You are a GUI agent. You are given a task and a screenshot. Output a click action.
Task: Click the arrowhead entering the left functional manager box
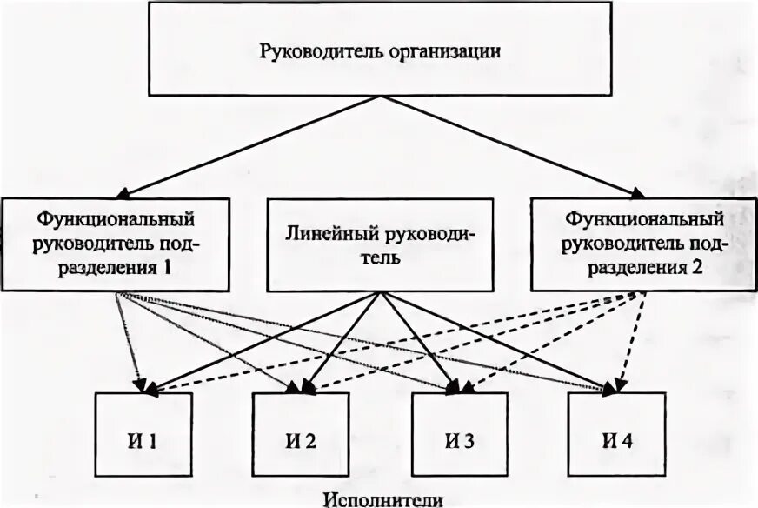pyautogui.click(x=126, y=194)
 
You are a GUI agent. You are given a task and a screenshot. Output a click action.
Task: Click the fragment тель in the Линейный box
pyautogui.click(x=380, y=258)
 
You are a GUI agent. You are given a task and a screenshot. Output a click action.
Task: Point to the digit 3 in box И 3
pyautogui.click(x=469, y=439)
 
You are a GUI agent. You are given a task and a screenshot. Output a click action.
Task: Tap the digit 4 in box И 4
pyautogui.click(x=627, y=439)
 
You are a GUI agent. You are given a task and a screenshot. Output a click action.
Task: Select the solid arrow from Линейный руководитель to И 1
pyautogui.click(x=261, y=343)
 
